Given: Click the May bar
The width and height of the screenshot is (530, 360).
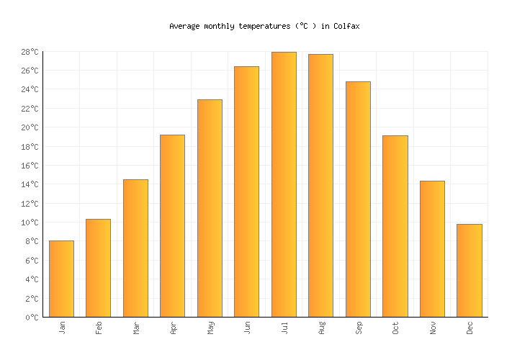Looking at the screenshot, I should tap(210, 208).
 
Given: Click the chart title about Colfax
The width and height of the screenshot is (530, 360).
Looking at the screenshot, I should tap(264, 26).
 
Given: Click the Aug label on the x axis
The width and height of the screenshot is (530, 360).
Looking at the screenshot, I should tap(322, 328).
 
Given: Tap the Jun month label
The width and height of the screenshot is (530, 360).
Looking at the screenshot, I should tap(247, 328).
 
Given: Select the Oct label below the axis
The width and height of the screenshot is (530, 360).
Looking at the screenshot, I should tap(396, 328).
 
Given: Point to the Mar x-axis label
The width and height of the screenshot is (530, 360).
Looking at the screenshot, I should tap(136, 328).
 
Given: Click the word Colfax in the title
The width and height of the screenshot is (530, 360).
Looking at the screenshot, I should tap(346, 26).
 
